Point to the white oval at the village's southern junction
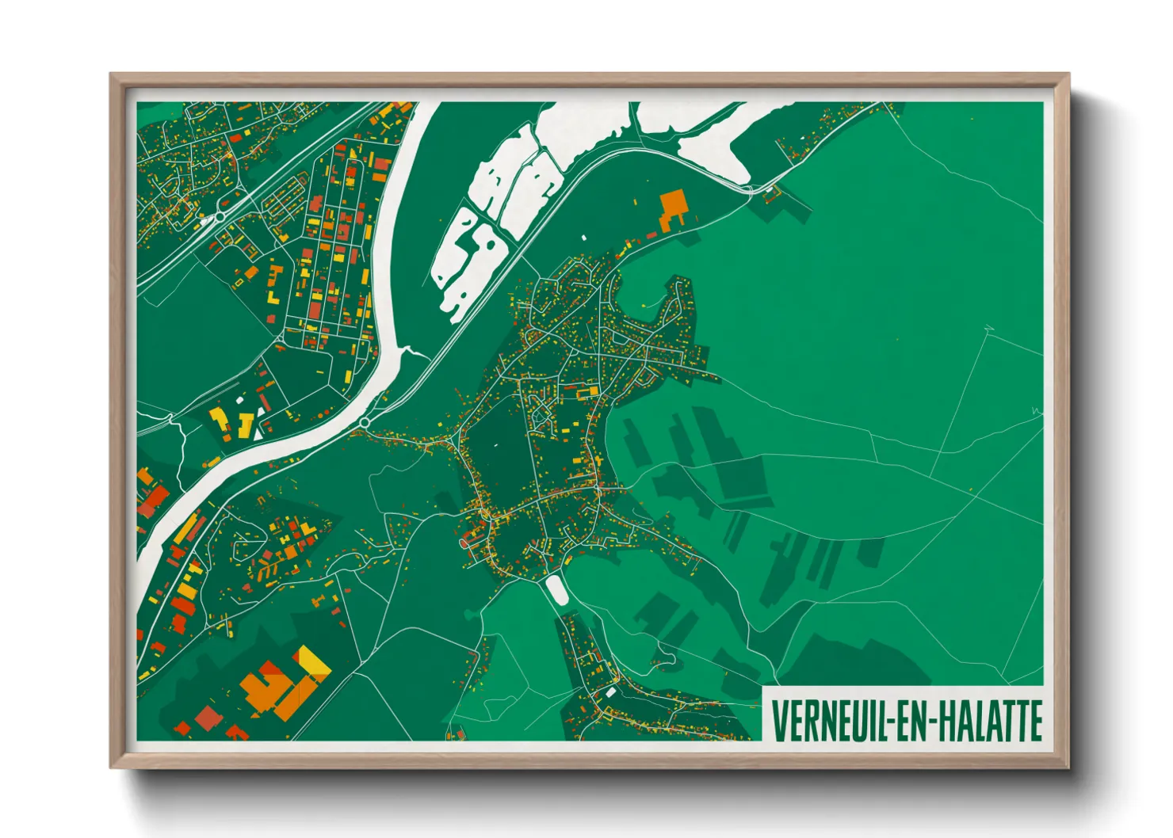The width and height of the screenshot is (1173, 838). tap(556, 589)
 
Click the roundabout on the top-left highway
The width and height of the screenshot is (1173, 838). tap(220, 215)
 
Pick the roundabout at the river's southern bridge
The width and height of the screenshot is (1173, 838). tap(364, 423)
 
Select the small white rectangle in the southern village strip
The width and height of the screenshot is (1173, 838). tap(611, 691)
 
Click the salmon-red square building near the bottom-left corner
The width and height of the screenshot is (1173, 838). tap(208, 718)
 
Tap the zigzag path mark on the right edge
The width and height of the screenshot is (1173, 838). tap(1036, 410)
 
